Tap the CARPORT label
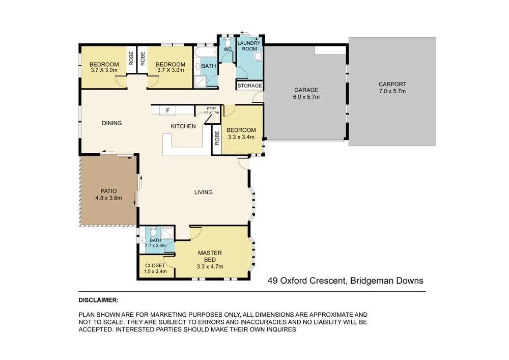pos(392,85)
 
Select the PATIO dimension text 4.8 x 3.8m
pos(108,198)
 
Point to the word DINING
pos(111,123)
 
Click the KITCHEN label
pos(183,126)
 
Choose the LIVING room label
pos(203,192)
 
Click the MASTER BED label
pos(210,256)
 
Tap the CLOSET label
pos(155,265)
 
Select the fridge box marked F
pos(167,110)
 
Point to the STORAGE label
pos(250,86)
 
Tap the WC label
pos(228,49)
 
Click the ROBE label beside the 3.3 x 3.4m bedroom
pos(217,137)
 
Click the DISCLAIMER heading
pos(98,300)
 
